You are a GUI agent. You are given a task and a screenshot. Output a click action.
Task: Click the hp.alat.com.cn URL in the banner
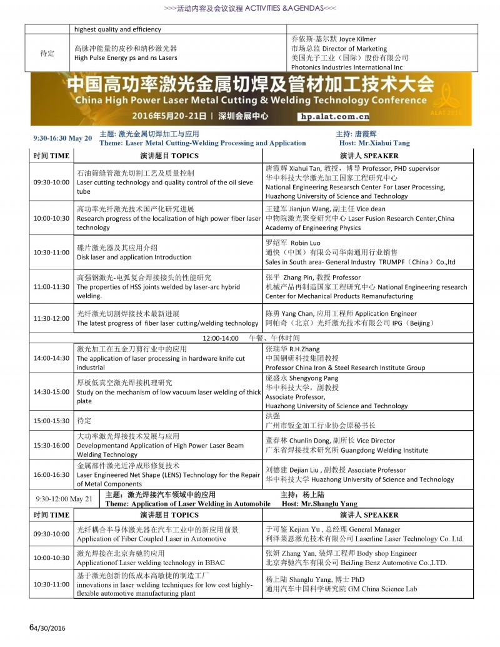click(335, 116)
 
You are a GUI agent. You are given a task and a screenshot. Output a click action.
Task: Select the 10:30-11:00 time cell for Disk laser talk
click(51, 253)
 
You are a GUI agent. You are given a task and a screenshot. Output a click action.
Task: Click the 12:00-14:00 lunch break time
click(220, 338)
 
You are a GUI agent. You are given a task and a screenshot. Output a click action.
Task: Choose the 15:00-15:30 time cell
click(51, 421)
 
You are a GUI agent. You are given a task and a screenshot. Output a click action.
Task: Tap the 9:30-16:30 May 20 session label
click(62, 138)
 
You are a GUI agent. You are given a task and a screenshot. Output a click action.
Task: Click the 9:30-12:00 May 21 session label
click(64, 499)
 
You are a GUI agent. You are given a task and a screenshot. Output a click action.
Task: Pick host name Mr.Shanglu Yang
click(322, 504)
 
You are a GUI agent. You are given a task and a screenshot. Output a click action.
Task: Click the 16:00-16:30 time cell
click(51, 474)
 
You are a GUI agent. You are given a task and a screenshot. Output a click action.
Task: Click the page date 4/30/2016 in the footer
click(49, 628)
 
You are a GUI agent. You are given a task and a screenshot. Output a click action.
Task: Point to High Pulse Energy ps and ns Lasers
click(126, 58)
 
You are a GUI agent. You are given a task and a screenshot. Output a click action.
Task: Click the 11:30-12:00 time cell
click(51, 319)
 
